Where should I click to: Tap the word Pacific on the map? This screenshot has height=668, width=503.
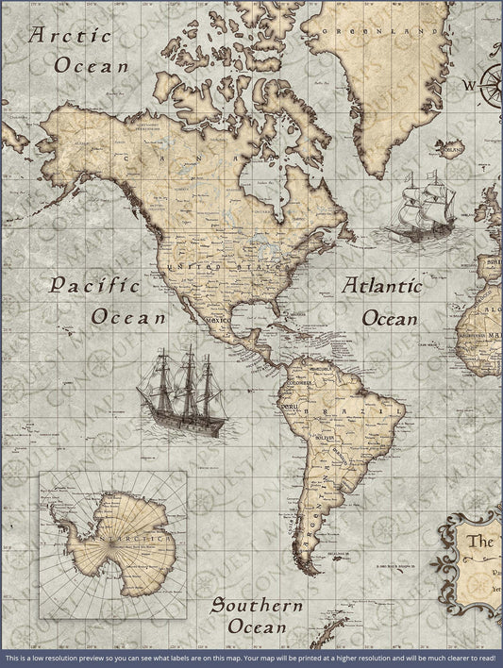click(94, 285)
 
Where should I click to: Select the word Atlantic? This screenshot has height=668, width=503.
click(382, 285)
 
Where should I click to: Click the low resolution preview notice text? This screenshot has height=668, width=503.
click(251, 657)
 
